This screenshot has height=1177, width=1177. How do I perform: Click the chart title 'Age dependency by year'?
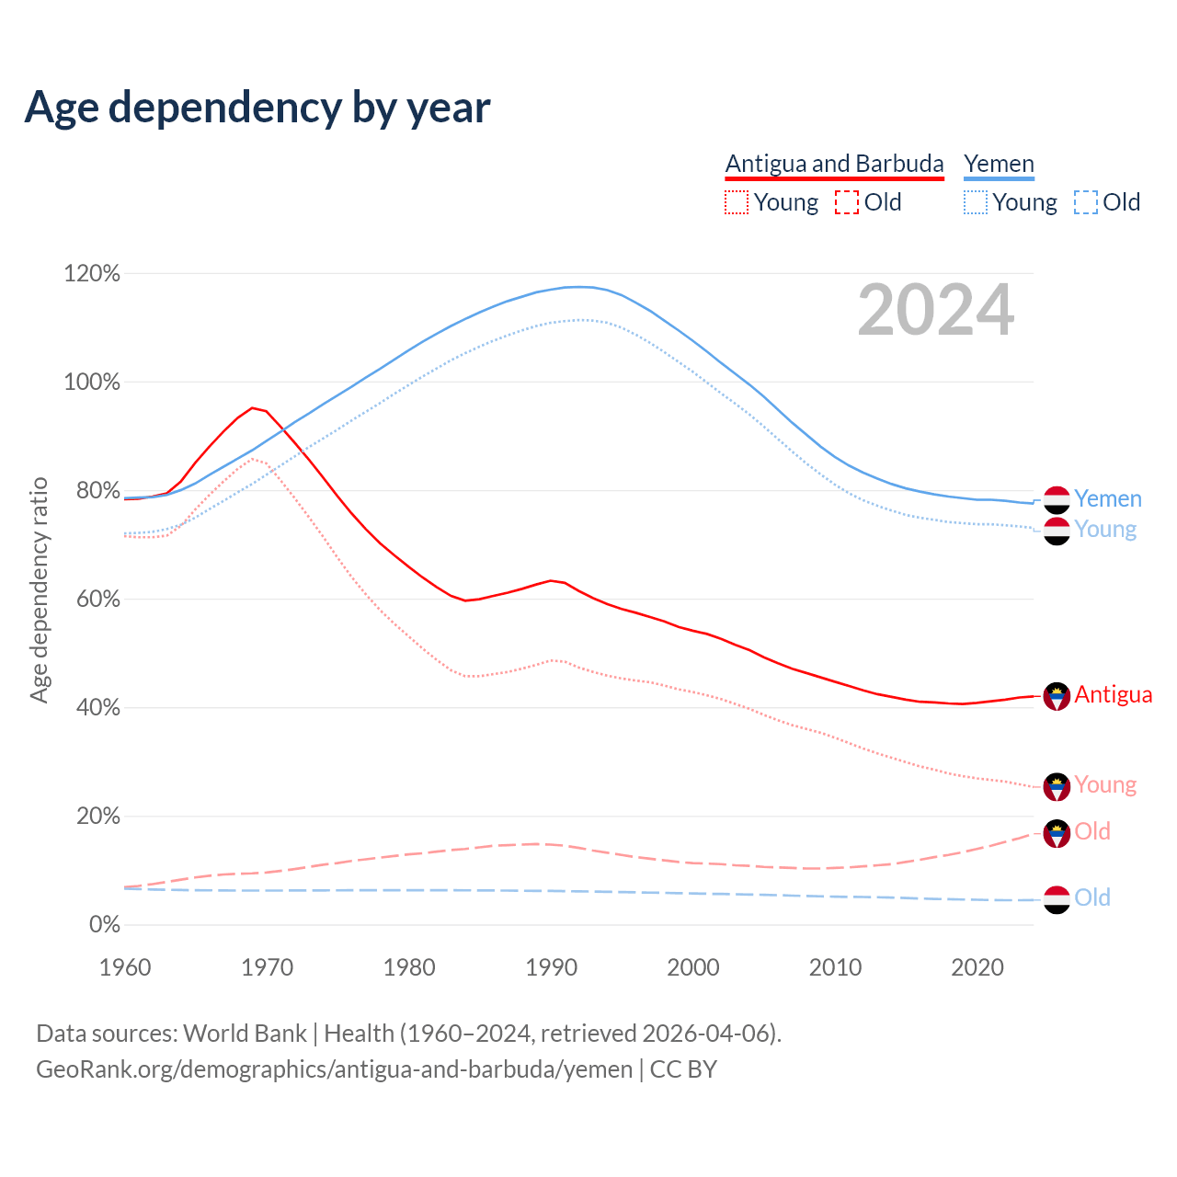257,108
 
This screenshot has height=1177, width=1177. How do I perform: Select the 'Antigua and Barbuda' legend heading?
834,164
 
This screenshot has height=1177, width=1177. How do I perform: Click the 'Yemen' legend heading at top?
999,164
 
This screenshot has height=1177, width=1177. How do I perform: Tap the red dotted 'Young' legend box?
737,202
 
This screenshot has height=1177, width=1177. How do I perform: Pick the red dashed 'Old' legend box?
847,202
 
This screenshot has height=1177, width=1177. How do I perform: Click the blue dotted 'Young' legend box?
976,202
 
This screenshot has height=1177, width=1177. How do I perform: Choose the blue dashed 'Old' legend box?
1085,202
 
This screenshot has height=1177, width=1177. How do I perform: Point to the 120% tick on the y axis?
92,274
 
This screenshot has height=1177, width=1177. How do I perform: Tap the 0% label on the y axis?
104,925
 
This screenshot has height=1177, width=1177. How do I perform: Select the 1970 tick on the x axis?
267,967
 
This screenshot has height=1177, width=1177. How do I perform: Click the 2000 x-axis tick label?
693,967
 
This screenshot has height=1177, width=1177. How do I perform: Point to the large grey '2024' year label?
936,311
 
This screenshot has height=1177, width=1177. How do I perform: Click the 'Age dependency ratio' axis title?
40,589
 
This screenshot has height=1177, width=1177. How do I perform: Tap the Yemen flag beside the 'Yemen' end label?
1057,499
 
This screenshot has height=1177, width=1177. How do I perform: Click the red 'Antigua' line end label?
1113,695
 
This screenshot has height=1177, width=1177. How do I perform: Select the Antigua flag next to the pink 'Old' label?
1057,833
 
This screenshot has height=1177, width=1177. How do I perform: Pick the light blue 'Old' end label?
1092,898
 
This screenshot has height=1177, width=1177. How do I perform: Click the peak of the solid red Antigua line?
252,407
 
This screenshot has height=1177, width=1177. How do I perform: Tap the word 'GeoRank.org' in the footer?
103,1069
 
